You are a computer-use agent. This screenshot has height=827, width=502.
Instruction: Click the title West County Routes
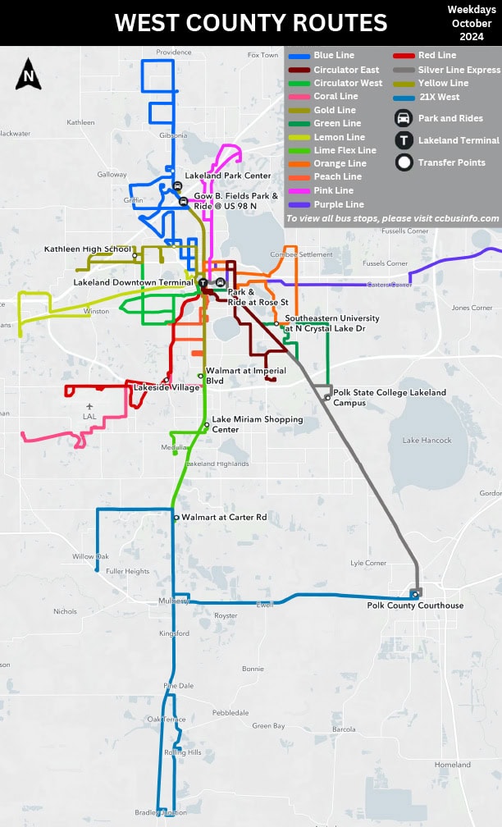point(250,22)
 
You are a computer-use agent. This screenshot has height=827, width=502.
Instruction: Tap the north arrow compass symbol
point(29,75)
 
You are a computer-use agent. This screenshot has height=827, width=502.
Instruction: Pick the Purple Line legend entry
point(338,204)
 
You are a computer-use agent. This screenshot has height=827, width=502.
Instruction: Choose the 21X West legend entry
point(439,97)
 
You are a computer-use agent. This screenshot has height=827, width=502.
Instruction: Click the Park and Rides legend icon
point(404,118)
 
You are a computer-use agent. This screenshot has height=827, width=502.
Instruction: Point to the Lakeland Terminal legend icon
point(404,140)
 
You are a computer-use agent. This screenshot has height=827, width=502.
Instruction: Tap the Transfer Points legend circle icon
point(404,162)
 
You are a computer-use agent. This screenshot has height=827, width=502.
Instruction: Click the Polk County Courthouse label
point(415,605)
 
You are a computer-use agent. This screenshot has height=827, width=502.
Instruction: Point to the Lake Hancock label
point(427,441)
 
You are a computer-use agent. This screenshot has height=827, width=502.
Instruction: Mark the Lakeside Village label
point(167,387)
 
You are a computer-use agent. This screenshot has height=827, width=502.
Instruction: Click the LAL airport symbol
point(89,406)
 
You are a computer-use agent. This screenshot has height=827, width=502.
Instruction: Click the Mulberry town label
point(174,601)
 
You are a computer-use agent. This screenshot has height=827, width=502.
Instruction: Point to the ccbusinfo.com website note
point(392,218)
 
